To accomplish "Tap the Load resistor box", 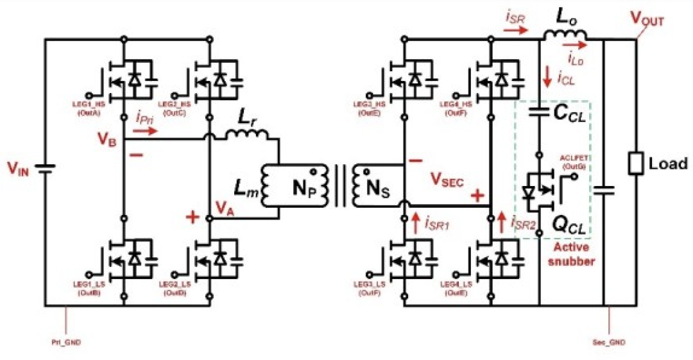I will [635, 164].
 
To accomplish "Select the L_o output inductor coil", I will [565, 35].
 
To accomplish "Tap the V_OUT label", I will [646, 21].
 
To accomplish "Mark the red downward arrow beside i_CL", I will [547, 78].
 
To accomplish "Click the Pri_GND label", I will [67, 341].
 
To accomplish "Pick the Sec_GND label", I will [608, 341].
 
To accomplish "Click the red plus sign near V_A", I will [191, 217].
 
